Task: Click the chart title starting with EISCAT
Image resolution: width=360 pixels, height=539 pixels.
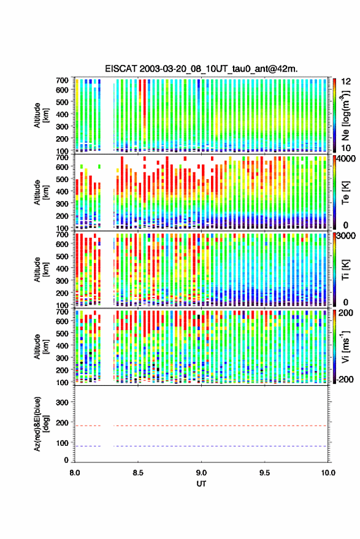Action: [x=201, y=69]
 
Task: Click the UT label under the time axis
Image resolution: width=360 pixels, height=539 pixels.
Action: [x=201, y=484]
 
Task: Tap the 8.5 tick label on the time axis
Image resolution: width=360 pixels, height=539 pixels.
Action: [x=138, y=473]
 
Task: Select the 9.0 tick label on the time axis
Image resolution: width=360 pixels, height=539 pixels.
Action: [x=201, y=473]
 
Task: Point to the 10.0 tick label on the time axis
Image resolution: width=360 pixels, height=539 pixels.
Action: [x=328, y=473]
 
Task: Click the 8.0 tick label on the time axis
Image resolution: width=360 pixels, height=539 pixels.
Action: [x=75, y=473]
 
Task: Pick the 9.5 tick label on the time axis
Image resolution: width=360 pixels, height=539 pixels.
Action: [x=264, y=473]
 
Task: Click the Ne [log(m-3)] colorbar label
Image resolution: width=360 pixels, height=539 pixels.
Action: [x=345, y=115]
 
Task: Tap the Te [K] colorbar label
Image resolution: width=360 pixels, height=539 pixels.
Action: [x=345, y=193]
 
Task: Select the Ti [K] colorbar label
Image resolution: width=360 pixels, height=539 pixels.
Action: [x=345, y=270]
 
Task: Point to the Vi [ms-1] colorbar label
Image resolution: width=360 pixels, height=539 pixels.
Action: [x=345, y=346]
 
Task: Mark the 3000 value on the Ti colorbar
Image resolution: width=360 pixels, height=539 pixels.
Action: [x=346, y=236]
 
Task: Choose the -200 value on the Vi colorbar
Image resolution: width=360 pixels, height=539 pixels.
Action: [x=345, y=380]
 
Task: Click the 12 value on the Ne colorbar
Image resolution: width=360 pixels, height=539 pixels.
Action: [x=347, y=82]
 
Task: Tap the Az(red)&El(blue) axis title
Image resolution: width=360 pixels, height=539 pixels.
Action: [x=41, y=424]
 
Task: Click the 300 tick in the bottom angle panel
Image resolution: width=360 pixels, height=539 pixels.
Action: [x=62, y=402]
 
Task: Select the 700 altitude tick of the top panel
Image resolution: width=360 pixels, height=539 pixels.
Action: [x=62, y=80]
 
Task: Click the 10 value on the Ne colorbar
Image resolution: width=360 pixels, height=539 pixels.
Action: [x=347, y=148]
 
